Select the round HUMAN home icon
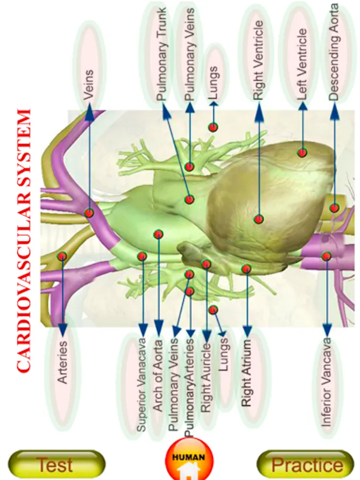click(x=187, y=460)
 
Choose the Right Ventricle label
click(x=258, y=60)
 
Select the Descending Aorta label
click(x=334, y=52)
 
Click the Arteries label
click(x=63, y=362)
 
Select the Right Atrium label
click(x=246, y=373)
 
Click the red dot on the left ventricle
click(x=302, y=153)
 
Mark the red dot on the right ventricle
click(x=259, y=219)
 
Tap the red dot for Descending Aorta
click(x=334, y=208)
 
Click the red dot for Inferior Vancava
click(x=326, y=256)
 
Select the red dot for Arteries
click(x=62, y=256)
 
